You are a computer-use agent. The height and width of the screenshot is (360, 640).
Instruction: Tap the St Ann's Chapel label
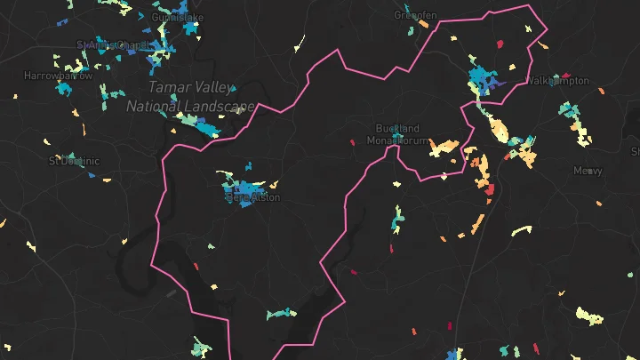[x=115, y=44]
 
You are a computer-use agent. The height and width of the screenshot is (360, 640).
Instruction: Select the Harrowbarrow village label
[x=58, y=76]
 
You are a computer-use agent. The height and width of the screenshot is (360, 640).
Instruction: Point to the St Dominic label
[x=74, y=161]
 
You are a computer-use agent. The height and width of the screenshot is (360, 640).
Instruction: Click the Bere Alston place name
[x=252, y=198]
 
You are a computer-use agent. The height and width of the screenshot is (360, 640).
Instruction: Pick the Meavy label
[x=588, y=171]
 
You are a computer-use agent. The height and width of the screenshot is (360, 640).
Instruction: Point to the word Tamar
[x=166, y=88]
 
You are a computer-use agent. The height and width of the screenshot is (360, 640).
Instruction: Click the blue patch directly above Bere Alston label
[x=244, y=186]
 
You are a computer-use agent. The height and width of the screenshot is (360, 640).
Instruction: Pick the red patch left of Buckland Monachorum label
[x=352, y=141]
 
